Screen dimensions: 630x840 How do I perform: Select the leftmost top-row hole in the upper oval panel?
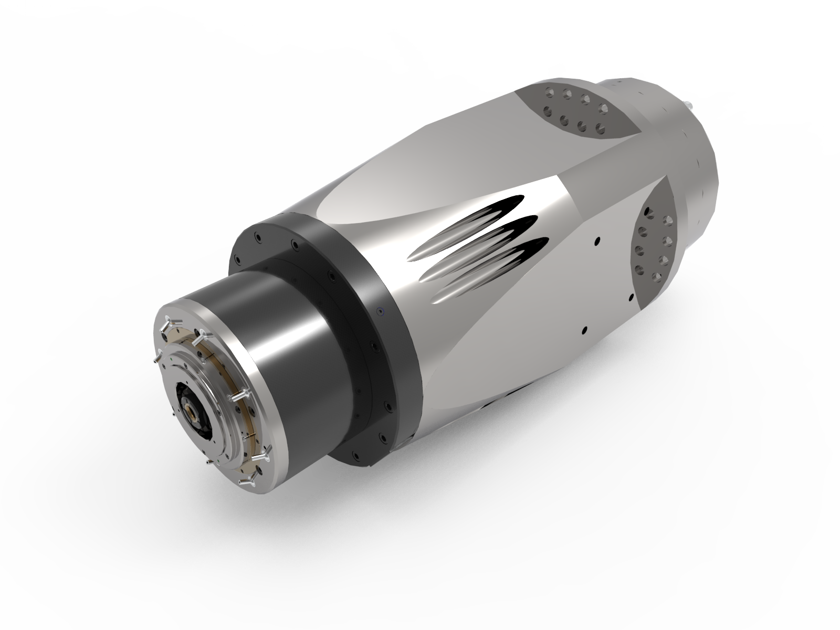pos(550,90)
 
